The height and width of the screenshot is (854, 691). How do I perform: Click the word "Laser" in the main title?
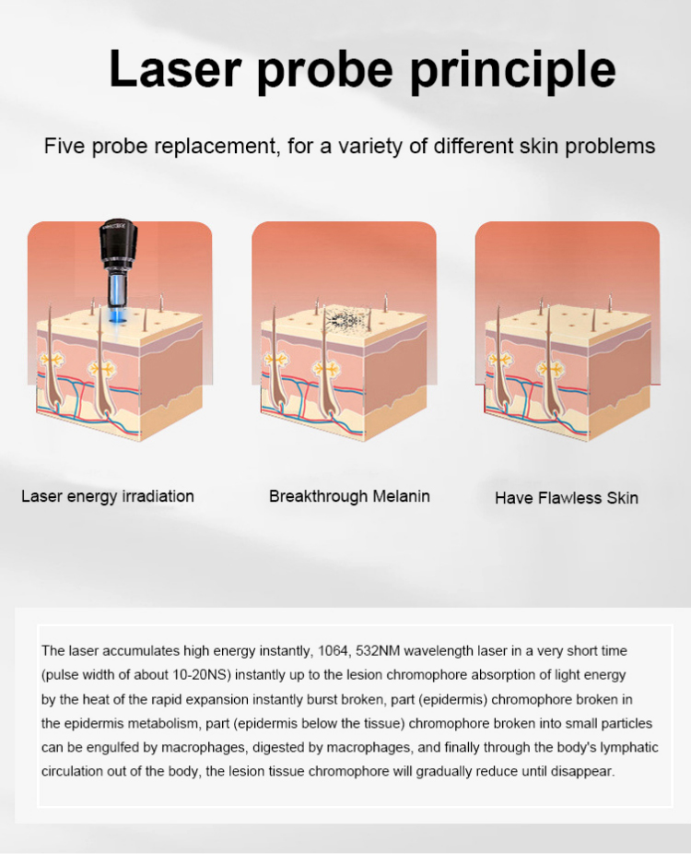coord(175,68)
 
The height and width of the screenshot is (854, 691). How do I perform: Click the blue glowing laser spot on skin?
coord(118,321)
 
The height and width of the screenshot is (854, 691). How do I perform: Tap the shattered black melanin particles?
coord(344,317)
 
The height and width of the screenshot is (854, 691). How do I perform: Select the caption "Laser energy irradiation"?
coord(108,496)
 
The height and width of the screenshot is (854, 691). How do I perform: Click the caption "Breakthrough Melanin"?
coord(349,496)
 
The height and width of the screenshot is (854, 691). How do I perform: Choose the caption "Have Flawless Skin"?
coord(567,498)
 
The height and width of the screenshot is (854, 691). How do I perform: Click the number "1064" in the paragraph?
coord(333,651)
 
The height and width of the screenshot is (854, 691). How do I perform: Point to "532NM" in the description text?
coord(378,651)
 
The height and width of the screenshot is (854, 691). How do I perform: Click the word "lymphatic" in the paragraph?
coord(629,747)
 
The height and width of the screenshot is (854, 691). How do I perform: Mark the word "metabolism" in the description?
coord(164,723)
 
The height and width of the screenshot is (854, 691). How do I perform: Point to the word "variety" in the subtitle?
coord(369,147)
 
